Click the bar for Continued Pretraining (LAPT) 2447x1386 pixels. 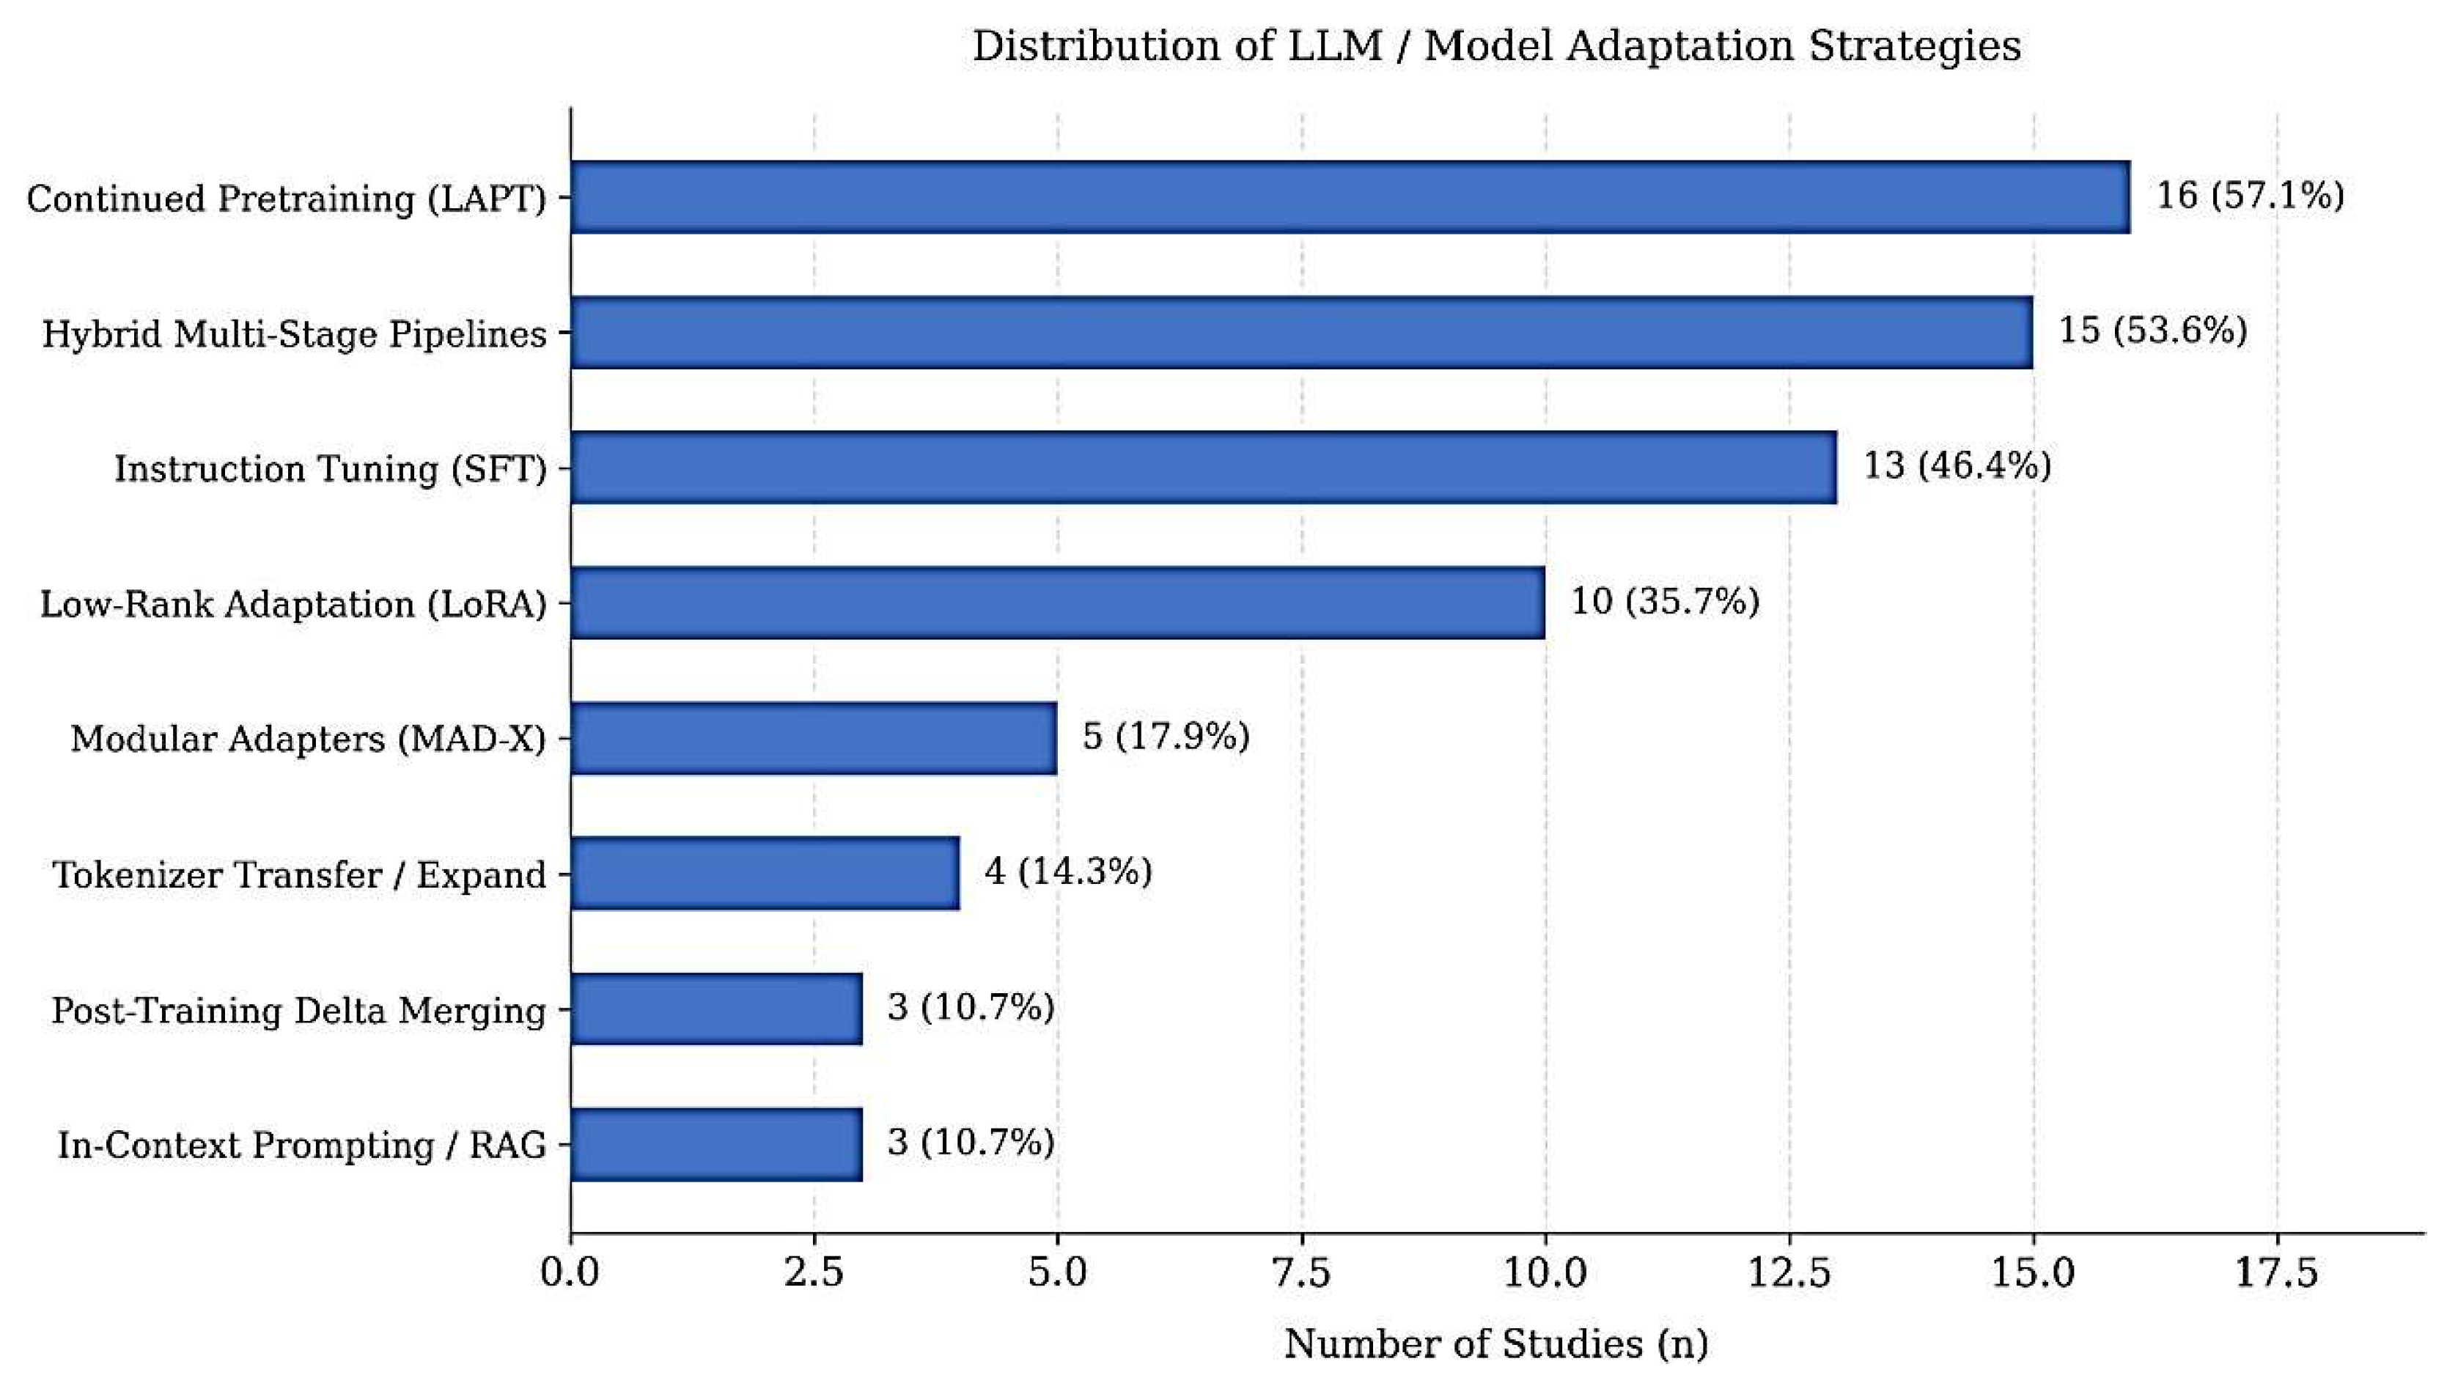[x=1350, y=197]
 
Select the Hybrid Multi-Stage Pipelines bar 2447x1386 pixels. [x=1301, y=332]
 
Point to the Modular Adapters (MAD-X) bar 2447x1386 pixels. [x=814, y=738]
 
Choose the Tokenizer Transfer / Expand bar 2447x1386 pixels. [x=765, y=873]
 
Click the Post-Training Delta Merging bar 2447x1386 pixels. [x=717, y=1008]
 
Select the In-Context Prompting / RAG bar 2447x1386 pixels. [x=717, y=1144]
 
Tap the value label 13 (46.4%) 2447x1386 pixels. [x=1957, y=466]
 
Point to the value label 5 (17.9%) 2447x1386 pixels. [x=1166, y=737]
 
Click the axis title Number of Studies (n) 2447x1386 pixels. [x=1496, y=1344]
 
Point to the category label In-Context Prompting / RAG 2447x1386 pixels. [x=303, y=1145]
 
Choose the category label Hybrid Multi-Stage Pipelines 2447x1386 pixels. [x=295, y=334]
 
